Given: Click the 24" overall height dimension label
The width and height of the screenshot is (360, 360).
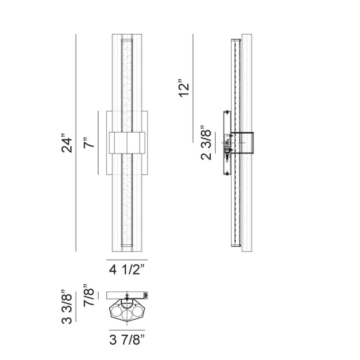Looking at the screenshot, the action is [67, 143].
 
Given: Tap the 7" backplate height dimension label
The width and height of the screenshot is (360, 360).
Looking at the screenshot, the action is [89, 143].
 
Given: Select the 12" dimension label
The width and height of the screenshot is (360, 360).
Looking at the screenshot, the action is [184, 89].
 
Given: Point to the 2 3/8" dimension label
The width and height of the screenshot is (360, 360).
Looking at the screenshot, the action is [206, 143].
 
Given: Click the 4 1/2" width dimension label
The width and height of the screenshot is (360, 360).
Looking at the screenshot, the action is [127, 270].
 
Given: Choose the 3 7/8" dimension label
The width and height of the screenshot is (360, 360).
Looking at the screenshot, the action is [127, 340].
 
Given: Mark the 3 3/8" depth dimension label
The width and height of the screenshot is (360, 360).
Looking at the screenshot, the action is [67, 306].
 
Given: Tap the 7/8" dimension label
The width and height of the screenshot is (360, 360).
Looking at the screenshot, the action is [89, 295].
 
